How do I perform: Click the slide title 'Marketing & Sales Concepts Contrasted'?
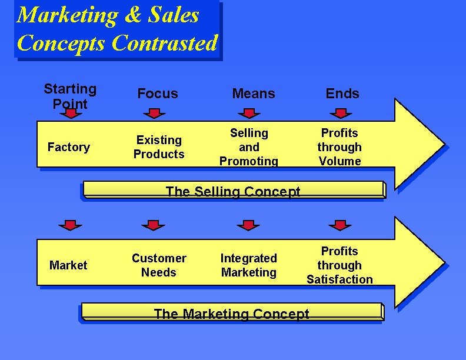pyautogui.click(x=117, y=29)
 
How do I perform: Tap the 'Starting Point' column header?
pyautogui.click(x=70, y=96)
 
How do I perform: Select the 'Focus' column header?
pyautogui.click(x=157, y=94)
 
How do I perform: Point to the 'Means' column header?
pyautogui.click(x=254, y=94)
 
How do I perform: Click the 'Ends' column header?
pyautogui.click(x=342, y=94)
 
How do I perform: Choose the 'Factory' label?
pyautogui.click(x=68, y=147)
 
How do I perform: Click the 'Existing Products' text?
pyautogui.click(x=159, y=147)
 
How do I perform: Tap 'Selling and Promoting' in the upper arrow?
pyautogui.click(x=249, y=147)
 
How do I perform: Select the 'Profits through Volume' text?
pyautogui.click(x=339, y=147)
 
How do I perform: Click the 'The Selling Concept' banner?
pyautogui.click(x=233, y=191)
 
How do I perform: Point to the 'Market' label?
pyautogui.click(x=68, y=265)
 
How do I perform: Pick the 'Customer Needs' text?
pyautogui.click(x=159, y=265)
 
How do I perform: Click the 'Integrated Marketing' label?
pyautogui.click(x=249, y=265)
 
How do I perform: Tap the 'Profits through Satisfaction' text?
pyautogui.click(x=339, y=265)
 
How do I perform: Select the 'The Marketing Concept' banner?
pyautogui.click(x=231, y=314)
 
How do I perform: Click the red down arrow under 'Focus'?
pyautogui.click(x=154, y=112)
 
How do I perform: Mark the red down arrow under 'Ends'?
pyautogui.click(x=339, y=112)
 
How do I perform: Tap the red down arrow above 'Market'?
pyautogui.click(x=70, y=225)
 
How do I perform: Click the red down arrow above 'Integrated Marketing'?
pyautogui.click(x=248, y=225)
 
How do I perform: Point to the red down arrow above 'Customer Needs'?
pyautogui.click(x=154, y=225)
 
